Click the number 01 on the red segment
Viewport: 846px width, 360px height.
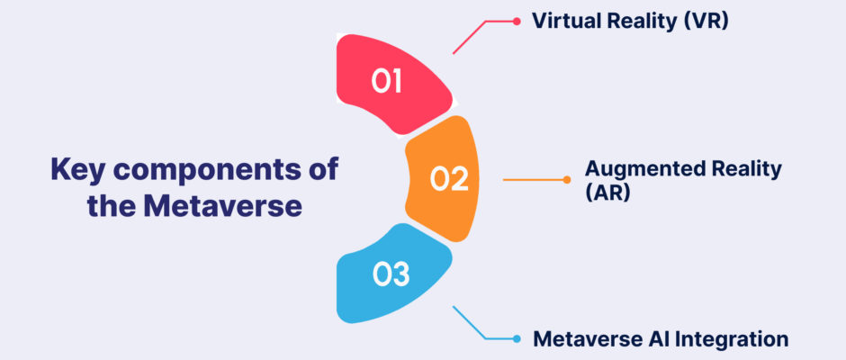(x=386, y=82)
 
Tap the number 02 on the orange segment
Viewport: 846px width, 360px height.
(x=449, y=179)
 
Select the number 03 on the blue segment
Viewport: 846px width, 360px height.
(x=391, y=274)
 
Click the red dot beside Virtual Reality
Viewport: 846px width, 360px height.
(x=517, y=22)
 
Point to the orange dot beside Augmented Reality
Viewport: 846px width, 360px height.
(x=566, y=180)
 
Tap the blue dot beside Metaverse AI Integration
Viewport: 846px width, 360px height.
(x=517, y=339)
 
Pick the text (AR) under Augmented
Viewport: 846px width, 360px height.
(x=608, y=193)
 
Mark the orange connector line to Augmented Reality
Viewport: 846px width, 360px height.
(x=533, y=180)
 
